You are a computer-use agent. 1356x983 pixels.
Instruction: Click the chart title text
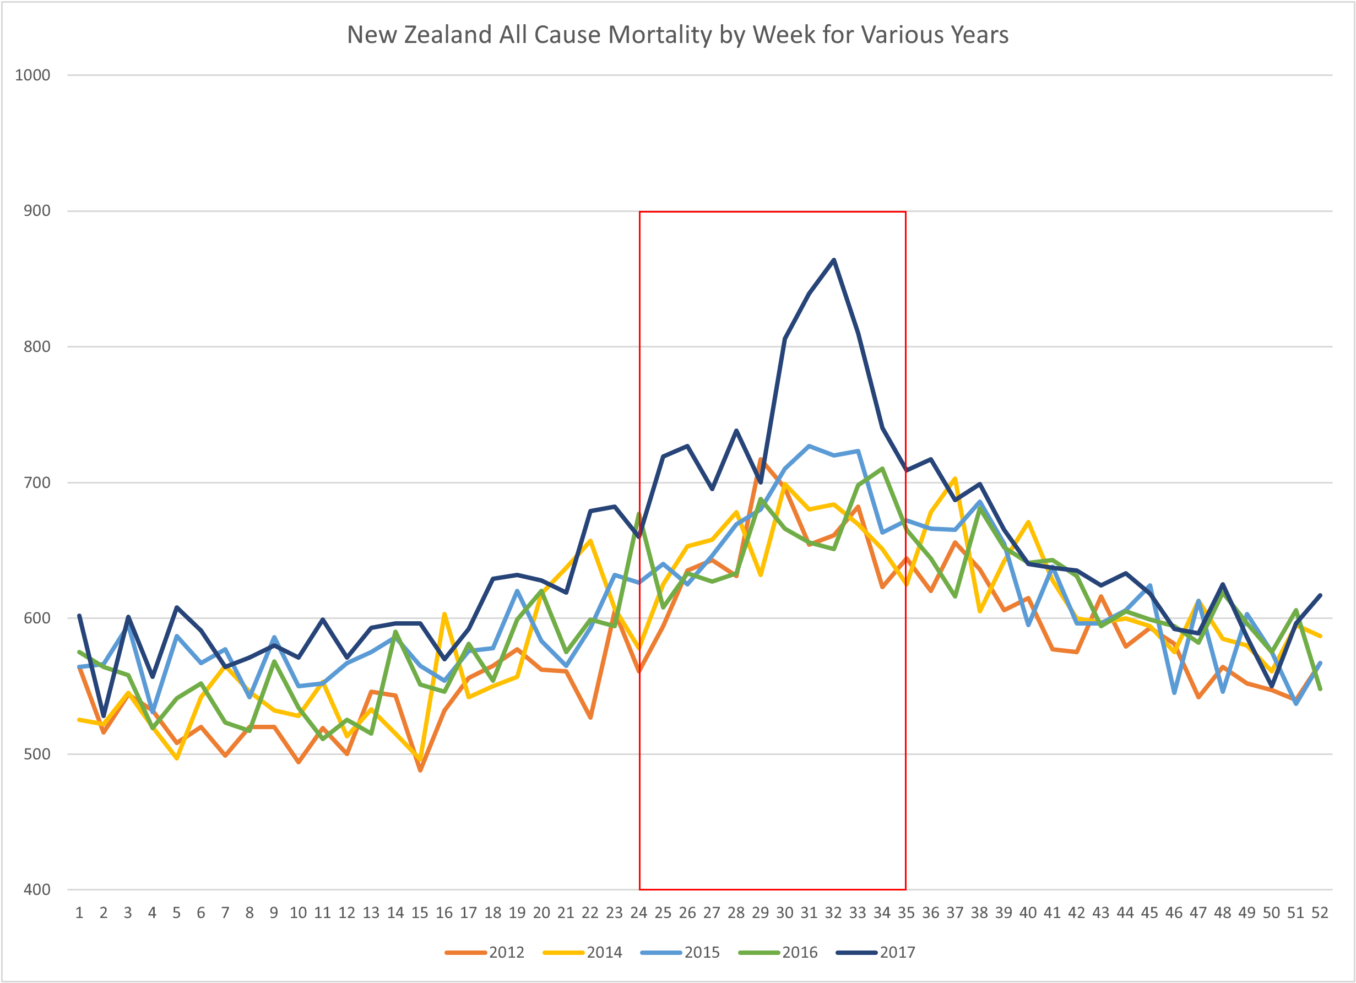(x=677, y=35)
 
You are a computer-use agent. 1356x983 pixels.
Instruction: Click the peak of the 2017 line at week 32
(x=833, y=259)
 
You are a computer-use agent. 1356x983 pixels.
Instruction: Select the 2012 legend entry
(x=485, y=953)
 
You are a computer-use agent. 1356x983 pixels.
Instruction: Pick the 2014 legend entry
(x=583, y=953)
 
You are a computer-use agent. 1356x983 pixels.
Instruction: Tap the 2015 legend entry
(x=680, y=953)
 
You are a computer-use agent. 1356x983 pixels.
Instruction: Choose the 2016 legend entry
(x=778, y=953)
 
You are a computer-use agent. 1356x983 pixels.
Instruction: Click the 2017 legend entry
(x=876, y=953)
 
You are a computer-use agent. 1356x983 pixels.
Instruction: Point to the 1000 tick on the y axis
(x=32, y=75)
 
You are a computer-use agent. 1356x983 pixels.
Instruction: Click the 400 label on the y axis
(x=37, y=890)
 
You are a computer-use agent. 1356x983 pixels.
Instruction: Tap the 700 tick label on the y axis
(x=37, y=482)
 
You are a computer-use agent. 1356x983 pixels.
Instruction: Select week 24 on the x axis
(x=638, y=913)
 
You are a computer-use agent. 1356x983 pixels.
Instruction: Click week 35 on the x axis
(x=906, y=913)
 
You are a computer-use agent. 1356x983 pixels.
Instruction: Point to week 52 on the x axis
(x=1320, y=913)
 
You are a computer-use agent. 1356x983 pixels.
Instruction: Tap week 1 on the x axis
(x=79, y=913)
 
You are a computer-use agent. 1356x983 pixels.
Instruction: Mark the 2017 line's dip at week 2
(x=104, y=716)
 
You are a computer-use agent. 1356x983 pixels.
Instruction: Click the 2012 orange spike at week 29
(x=761, y=459)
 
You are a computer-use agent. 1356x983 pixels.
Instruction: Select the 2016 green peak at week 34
(x=882, y=469)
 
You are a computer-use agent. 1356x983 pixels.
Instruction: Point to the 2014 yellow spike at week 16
(x=444, y=613)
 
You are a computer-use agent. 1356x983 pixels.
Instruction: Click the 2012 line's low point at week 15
(x=420, y=770)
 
